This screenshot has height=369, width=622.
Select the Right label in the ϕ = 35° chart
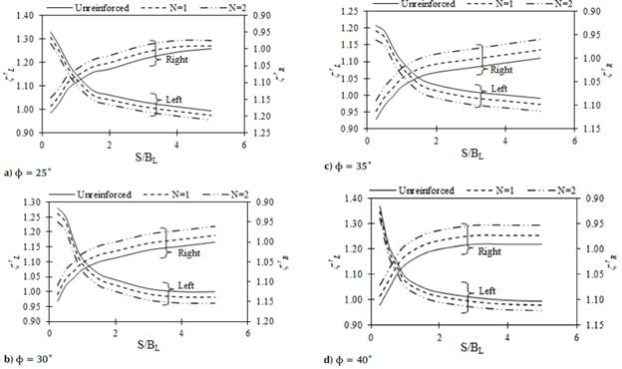tap(501, 70)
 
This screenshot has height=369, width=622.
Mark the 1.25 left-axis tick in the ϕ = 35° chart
tap(346, 11)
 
